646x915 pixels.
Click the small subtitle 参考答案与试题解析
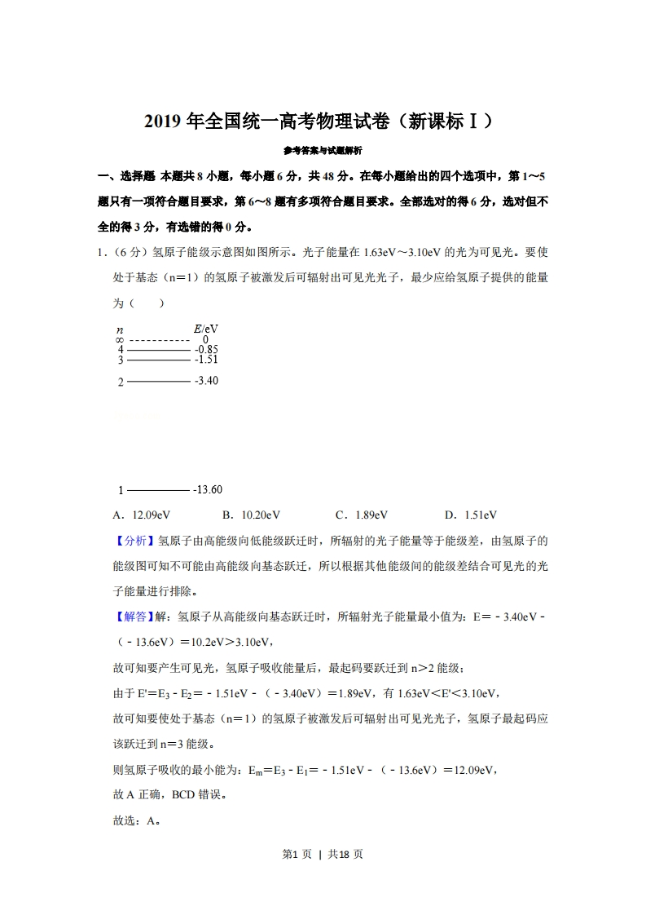[x=323, y=151]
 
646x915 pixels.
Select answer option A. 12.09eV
[x=142, y=515]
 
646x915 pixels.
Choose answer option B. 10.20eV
[x=251, y=515]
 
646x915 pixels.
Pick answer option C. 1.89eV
[x=362, y=515]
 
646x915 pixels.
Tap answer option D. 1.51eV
[x=471, y=515]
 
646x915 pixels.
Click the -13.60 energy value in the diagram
[x=208, y=490]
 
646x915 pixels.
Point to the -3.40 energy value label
[x=206, y=381]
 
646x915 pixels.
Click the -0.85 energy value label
[x=206, y=350]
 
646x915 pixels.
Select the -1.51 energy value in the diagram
[x=206, y=360]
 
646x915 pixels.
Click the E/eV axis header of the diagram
[x=205, y=329]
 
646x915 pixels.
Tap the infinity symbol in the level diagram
[x=120, y=339]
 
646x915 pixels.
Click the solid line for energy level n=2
[x=158, y=381]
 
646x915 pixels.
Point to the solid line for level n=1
[x=158, y=490]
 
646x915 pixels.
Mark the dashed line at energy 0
[x=159, y=339]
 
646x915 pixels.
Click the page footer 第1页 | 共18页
[x=323, y=854]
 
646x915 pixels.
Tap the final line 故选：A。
[x=135, y=820]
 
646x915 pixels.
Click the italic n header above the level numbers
[x=121, y=329]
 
